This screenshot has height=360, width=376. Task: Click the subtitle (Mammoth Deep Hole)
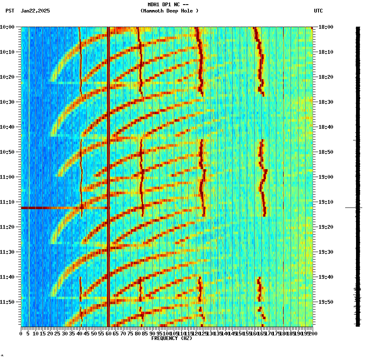(x=169, y=11)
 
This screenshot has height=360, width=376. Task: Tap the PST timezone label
(x=10, y=11)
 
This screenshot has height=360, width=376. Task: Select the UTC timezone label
(x=318, y=11)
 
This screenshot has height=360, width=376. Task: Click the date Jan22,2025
(x=35, y=11)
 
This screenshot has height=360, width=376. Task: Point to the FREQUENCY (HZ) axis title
(x=171, y=338)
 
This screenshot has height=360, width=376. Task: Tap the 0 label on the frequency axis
(x=21, y=334)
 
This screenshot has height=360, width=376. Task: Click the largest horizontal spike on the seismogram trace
(x=353, y=207)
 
